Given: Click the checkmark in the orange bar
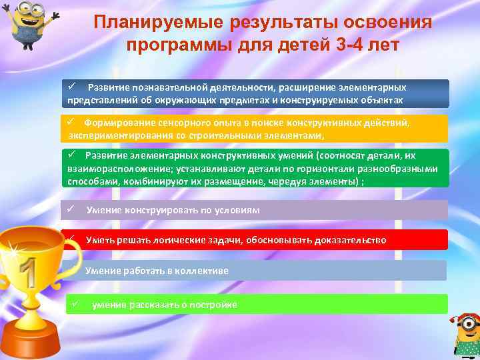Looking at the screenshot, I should click(69, 123).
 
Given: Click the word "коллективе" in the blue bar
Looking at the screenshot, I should click(201, 271).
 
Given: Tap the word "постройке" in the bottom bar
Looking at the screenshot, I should click(213, 305).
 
